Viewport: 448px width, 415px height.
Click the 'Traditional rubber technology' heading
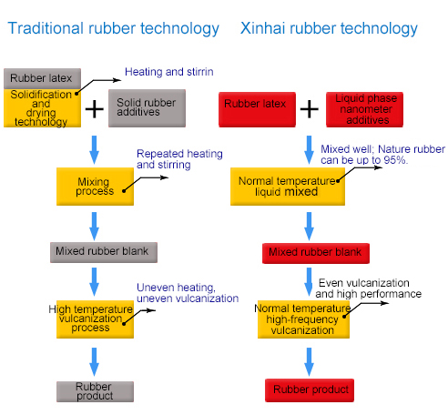pyautogui.click(x=113, y=29)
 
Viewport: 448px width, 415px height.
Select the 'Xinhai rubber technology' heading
pyautogui.click(x=329, y=29)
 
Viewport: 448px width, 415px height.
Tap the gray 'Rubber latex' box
pyautogui.click(x=42, y=78)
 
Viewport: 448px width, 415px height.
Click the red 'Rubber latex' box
pyautogui.click(x=257, y=109)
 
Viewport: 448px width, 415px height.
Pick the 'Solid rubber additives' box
pyautogui.click(x=147, y=108)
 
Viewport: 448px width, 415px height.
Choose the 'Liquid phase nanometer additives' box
pyautogui.click(x=364, y=109)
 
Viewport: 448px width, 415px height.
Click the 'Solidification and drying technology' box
pyautogui.click(x=42, y=108)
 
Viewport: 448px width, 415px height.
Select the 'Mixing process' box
pyautogui.click(x=95, y=187)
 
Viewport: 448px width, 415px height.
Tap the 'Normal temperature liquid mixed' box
pyautogui.click(x=288, y=187)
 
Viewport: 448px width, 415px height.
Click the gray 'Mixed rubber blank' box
pyautogui.click(x=104, y=252)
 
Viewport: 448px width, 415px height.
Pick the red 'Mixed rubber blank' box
pyautogui.click(x=316, y=253)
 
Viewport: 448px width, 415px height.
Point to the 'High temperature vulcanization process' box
pyautogui.click(x=95, y=319)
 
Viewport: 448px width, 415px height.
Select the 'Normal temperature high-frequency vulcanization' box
pyautogui.click(x=303, y=319)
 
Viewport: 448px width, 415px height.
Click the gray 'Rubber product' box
pyautogui.click(x=95, y=391)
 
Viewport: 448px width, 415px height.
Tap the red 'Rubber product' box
pyautogui.click(x=310, y=390)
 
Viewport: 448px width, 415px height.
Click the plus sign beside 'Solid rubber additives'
pyautogui.click(x=95, y=109)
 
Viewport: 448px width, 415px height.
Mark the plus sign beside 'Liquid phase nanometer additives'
pyautogui.click(x=310, y=109)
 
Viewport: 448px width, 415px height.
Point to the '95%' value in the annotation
pyautogui.click(x=394, y=160)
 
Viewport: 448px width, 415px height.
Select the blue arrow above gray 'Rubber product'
pyautogui.click(x=95, y=361)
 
